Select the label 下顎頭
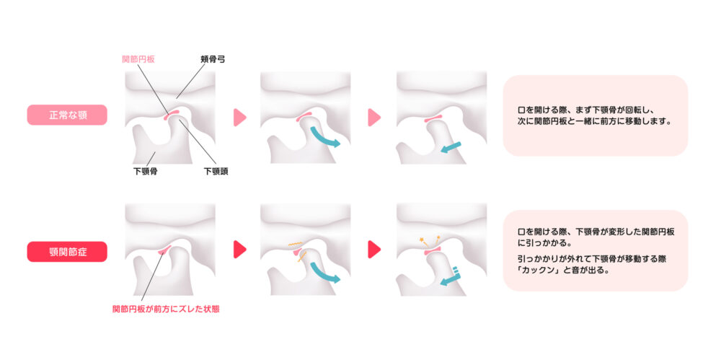[216, 172]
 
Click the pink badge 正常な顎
[67, 115]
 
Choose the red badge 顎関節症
[67, 251]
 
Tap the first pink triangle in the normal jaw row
[240, 117]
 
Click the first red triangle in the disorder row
[240, 250]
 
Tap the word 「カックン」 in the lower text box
[536, 271]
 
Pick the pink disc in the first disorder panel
[164, 250]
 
